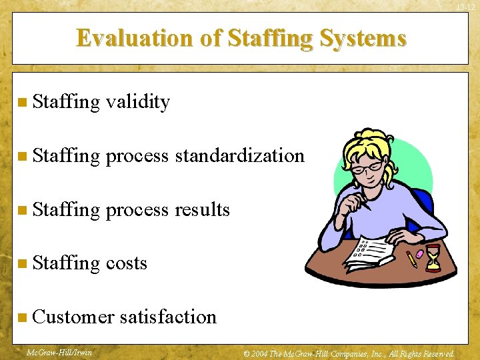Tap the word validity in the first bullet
138,102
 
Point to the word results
202,209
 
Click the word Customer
73,317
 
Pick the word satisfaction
168,317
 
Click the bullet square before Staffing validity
23,103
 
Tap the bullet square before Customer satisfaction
23,317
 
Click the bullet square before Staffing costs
23,264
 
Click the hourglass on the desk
433,257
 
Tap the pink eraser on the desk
419,254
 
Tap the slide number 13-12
465,7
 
